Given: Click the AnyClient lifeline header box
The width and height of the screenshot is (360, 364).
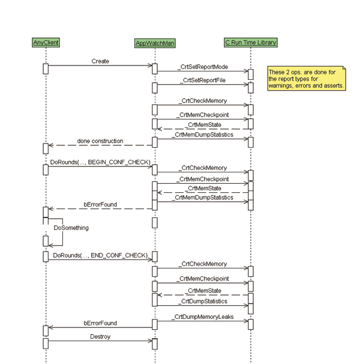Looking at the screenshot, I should pyautogui.click(x=46, y=43).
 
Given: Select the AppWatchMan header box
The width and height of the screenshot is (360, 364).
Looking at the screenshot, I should pyautogui.click(x=155, y=43).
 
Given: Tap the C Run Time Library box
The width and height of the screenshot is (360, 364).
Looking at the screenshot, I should pyautogui.click(x=251, y=43).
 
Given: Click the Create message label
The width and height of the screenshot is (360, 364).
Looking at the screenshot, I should pyautogui.click(x=100, y=61).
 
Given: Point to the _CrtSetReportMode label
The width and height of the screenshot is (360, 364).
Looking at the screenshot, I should pyautogui.click(x=203, y=67).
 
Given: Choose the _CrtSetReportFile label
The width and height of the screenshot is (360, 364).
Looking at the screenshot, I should pyautogui.click(x=202, y=80).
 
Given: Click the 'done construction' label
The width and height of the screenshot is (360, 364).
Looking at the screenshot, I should pyautogui.click(x=100, y=141).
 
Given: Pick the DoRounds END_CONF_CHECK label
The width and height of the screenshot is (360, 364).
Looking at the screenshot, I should pyautogui.click(x=100, y=255).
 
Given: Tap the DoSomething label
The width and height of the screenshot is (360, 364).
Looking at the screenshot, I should pyautogui.click(x=71, y=228).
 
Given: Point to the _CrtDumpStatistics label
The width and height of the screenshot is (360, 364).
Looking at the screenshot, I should pyautogui.click(x=202, y=301).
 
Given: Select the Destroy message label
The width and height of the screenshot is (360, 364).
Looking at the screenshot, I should pyautogui.click(x=100, y=337).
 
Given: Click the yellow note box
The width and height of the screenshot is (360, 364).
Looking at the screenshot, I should pyautogui.click(x=307, y=79).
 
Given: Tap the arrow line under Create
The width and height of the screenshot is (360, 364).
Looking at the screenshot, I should pyautogui.click(x=100, y=65).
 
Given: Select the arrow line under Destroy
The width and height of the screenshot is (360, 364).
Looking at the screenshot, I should pyautogui.click(x=100, y=341).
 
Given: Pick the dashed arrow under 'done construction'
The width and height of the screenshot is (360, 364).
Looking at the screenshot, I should pyautogui.click(x=100, y=145).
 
